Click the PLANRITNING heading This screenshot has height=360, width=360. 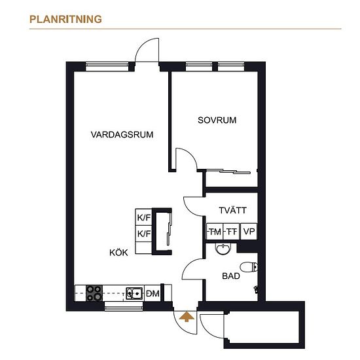[x=65, y=19]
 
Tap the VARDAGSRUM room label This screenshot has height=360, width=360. [x=122, y=135]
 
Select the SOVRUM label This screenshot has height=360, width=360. [x=217, y=120]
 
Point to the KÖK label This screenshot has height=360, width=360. [x=118, y=252]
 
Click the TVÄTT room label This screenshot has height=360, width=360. [x=232, y=210]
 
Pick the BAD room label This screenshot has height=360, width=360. [x=231, y=276]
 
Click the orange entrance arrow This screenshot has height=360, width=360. [x=187, y=317]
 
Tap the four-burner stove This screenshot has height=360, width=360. [x=94, y=293]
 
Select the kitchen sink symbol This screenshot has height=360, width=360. [x=134, y=293]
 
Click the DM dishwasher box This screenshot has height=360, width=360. [x=153, y=293]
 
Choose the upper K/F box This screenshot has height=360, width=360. [x=144, y=217]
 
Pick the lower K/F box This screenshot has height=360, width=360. [x=144, y=234]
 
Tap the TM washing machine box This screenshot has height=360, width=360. [x=215, y=232]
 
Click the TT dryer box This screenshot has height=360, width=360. [x=232, y=232]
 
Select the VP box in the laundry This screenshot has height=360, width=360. [x=249, y=232]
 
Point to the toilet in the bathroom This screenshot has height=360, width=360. [x=249, y=267]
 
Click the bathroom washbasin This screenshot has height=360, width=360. [x=223, y=249]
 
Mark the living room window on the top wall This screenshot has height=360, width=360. [x=107, y=65]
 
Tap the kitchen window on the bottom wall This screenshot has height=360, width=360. [x=124, y=306]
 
